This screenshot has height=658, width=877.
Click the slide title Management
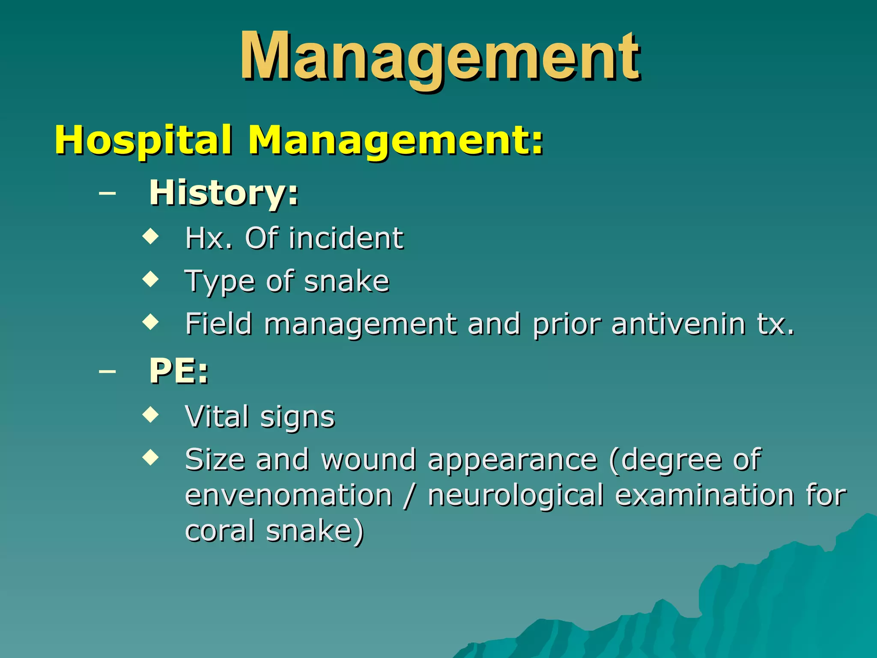click(440, 57)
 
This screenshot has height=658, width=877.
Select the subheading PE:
click(179, 371)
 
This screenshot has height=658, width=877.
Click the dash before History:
click(107, 193)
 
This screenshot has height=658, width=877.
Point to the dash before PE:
click(107, 371)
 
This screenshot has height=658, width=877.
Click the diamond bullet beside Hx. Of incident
click(150, 236)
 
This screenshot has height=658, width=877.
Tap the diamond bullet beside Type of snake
click(150, 279)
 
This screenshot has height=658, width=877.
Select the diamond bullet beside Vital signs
click(150, 414)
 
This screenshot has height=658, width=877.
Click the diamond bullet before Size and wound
click(150, 457)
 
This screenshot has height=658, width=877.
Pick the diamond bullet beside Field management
click(150, 321)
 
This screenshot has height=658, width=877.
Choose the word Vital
click(217, 416)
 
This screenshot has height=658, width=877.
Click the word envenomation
click(289, 496)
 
